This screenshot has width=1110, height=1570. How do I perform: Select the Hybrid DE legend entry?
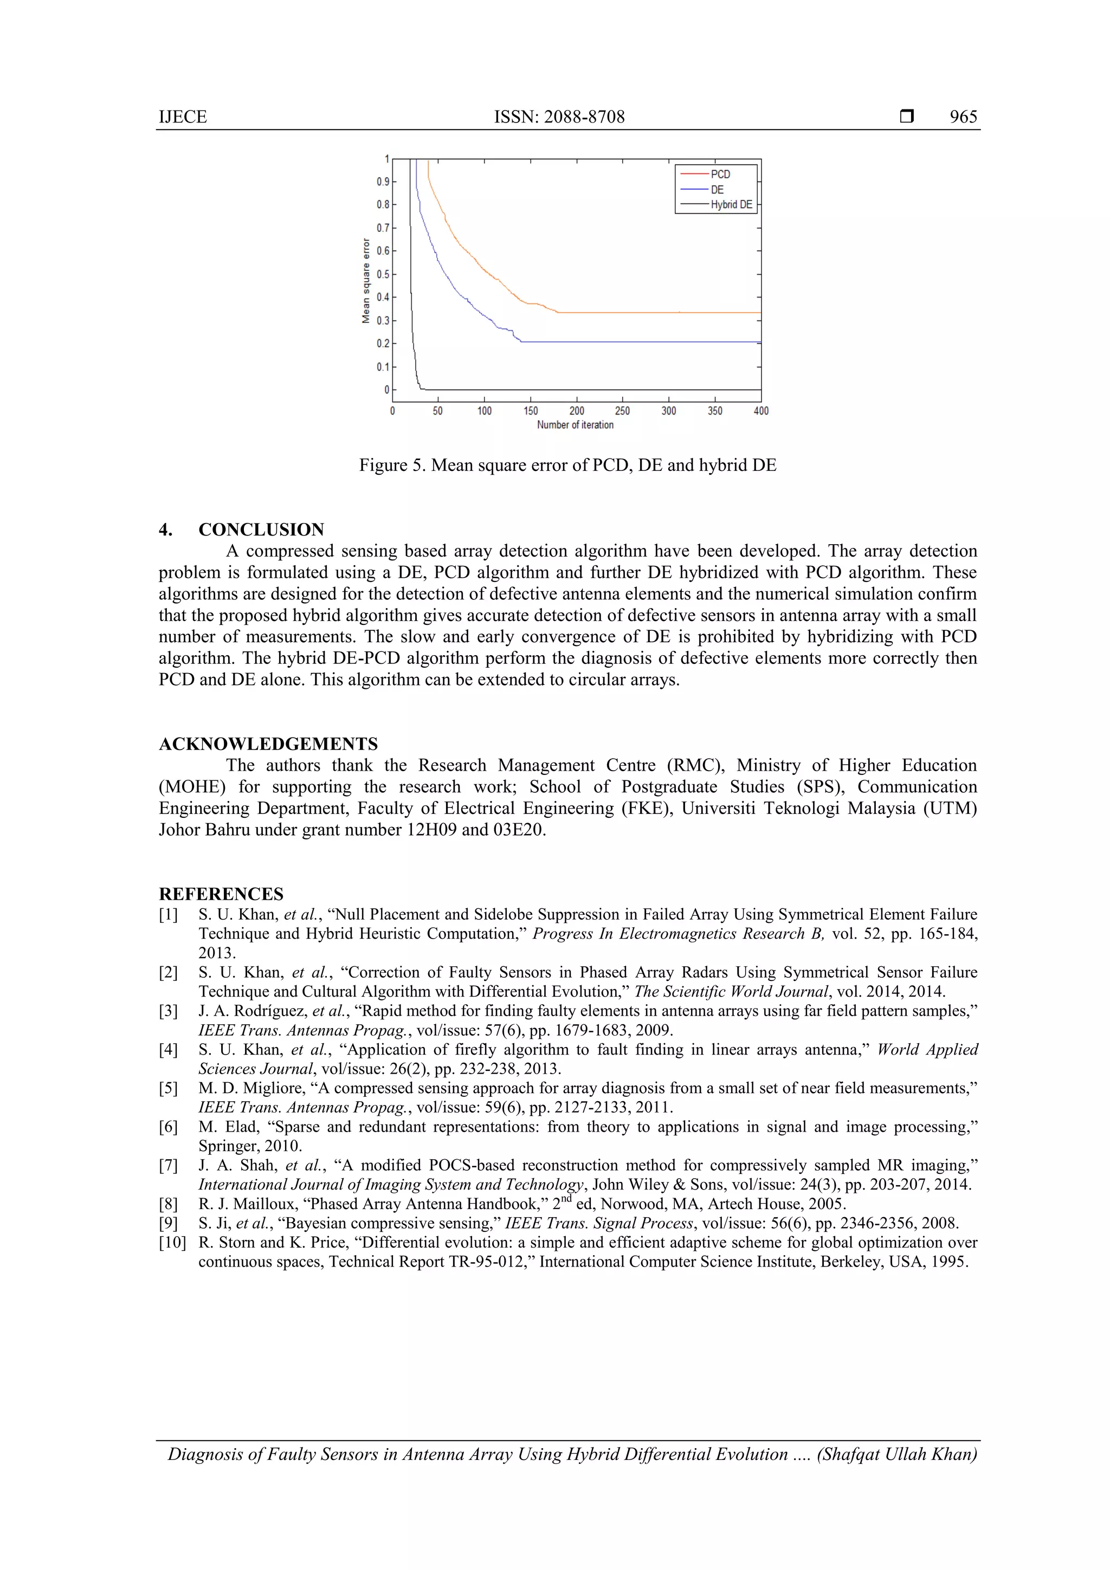731,204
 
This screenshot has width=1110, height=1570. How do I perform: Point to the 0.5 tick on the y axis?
383,274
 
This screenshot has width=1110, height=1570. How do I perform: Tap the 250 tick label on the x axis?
622,411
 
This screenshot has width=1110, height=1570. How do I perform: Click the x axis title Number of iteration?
575,425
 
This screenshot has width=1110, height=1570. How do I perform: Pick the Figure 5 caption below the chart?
567,466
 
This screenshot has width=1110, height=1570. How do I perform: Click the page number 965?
963,117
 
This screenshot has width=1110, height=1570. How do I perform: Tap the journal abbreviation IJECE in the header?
183,117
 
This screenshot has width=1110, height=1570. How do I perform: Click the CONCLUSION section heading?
261,530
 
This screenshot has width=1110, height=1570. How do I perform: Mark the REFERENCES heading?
221,894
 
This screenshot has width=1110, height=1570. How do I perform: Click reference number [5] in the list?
168,1088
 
